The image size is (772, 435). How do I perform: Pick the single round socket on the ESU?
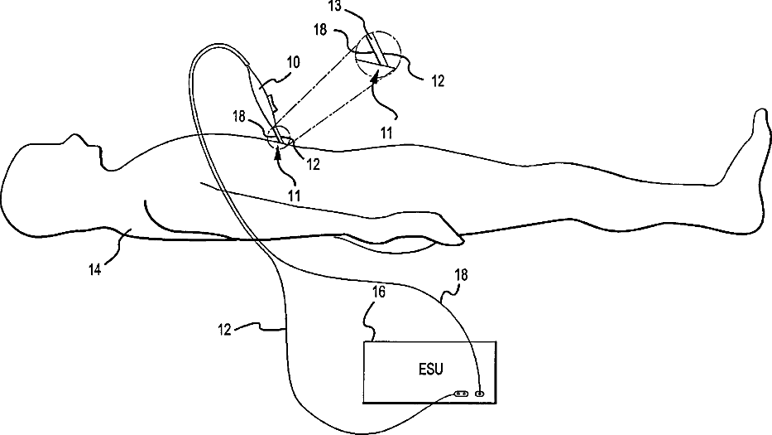point(479,394)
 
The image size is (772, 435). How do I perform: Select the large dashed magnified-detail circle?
point(376,57)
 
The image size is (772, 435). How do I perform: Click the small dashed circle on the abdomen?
point(279,140)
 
